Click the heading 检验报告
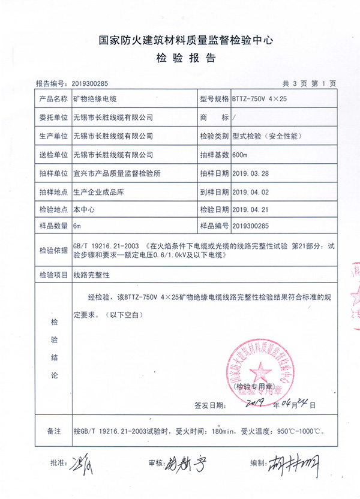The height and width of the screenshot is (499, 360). coord(181,59)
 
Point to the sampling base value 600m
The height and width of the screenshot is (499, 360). coord(239,155)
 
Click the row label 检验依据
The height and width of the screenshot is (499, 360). coord(51,250)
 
